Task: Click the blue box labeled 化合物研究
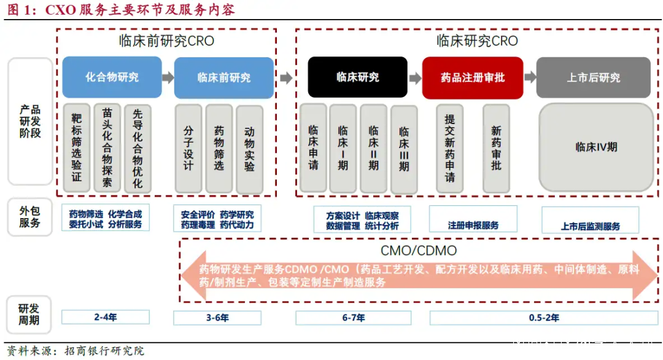[x=112, y=77]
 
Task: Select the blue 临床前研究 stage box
[x=223, y=78]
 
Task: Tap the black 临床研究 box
[x=357, y=77]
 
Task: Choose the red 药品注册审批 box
[x=472, y=78]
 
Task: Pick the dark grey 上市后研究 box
[x=593, y=78]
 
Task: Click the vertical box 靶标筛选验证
[x=77, y=148]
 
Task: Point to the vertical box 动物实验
[x=249, y=149]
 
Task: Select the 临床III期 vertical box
[x=404, y=149]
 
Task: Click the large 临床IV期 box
[x=596, y=147]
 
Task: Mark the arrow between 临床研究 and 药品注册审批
[x=415, y=78]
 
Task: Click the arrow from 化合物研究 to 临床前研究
[x=168, y=77]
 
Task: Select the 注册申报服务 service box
[x=473, y=219]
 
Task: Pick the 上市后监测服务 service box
[x=591, y=220]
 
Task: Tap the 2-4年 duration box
[x=106, y=317]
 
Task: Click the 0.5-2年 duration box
[x=544, y=318]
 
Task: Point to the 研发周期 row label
[x=29, y=315]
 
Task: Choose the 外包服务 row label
[x=29, y=217]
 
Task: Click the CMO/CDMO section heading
[x=419, y=251]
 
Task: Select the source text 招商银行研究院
[x=104, y=351]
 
